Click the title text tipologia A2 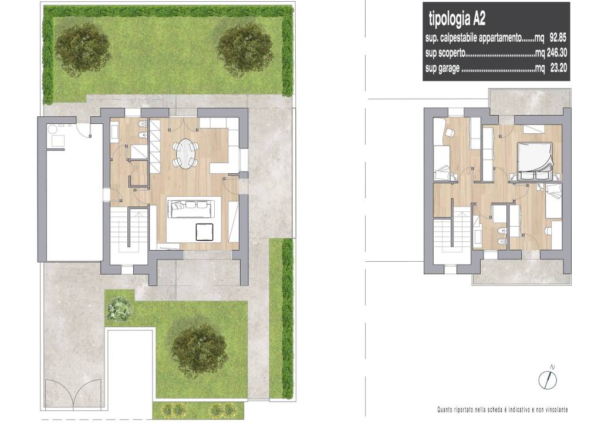click(x=457, y=19)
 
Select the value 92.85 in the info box click(x=558, y=38)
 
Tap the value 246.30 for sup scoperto click(x=556, y=53)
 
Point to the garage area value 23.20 click(x=559, y=69)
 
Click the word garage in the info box click(x=449, y=69)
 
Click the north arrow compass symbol click(x=548, y=377)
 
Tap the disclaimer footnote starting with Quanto click(x=502, y=410)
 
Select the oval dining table click(x=185, y=152)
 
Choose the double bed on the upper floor click(x=535, y=161)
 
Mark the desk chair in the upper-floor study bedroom click(x=449, y=132)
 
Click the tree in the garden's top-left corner click(x=82, y=50)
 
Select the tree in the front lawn click(x=200, y=350)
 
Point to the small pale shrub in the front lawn click(x=119, y=309)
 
